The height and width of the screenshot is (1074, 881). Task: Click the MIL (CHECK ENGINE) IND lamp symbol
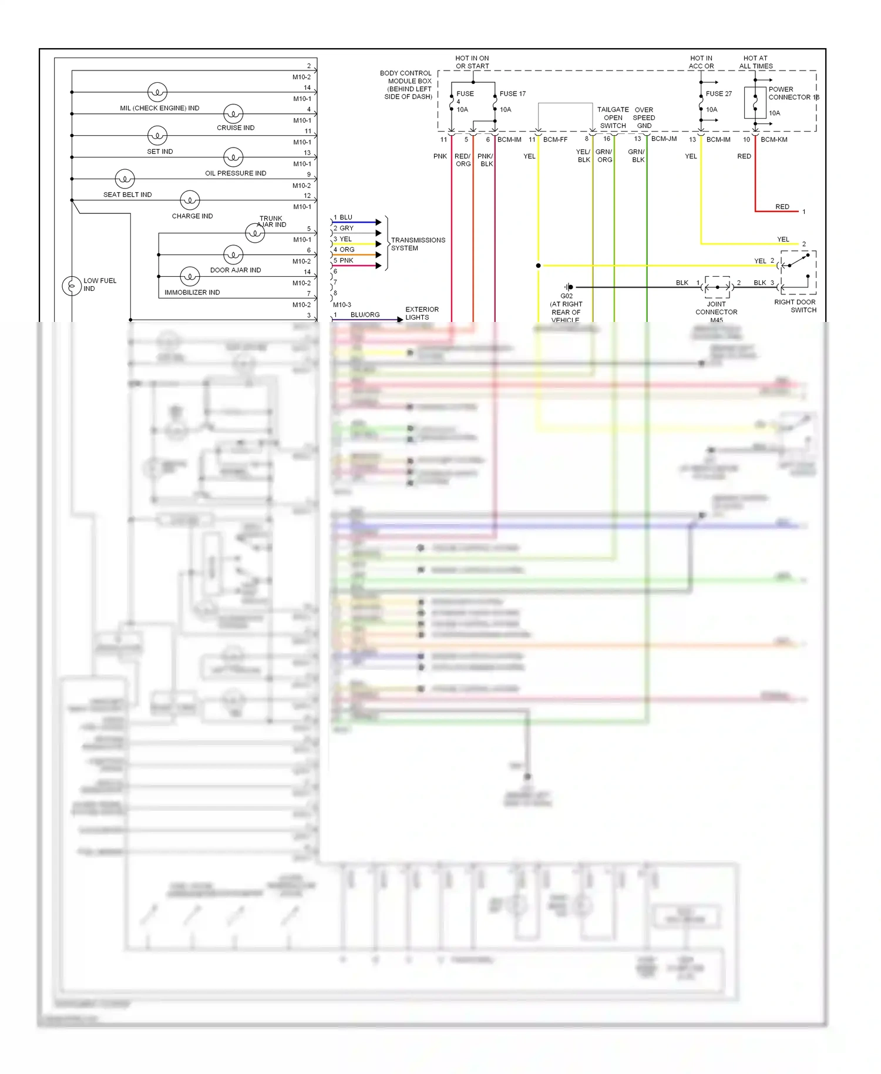[157, 92]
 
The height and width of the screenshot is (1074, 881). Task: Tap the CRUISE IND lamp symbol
[233, 114]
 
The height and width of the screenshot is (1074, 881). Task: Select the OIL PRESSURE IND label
[236, 173]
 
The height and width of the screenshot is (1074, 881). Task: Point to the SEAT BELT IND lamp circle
[125, 179]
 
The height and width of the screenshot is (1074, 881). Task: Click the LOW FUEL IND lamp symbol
[72, 286]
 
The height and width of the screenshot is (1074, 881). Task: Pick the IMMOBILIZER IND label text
[192, 293]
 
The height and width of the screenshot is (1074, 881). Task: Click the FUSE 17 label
[513, 93]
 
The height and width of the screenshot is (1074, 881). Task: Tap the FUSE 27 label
[719, 93]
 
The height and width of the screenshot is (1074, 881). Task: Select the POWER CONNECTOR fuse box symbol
[755, 103]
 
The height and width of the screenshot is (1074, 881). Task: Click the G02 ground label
[566, 296]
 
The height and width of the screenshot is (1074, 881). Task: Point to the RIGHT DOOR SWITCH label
[795, 306]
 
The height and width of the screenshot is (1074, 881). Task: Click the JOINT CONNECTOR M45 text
[716, 312]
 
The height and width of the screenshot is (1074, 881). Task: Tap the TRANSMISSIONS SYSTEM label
[418, 244]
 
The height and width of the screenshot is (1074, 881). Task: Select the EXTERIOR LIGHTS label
[421, 313]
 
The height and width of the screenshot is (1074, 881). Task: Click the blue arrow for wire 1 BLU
[378, 222]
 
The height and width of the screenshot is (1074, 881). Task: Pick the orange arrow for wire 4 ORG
[378, 254]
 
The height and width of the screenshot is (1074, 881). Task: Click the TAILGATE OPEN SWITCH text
[613, 118]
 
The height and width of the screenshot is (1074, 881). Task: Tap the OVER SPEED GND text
[644, 118]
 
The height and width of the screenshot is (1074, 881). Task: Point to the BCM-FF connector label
[555, 139]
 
